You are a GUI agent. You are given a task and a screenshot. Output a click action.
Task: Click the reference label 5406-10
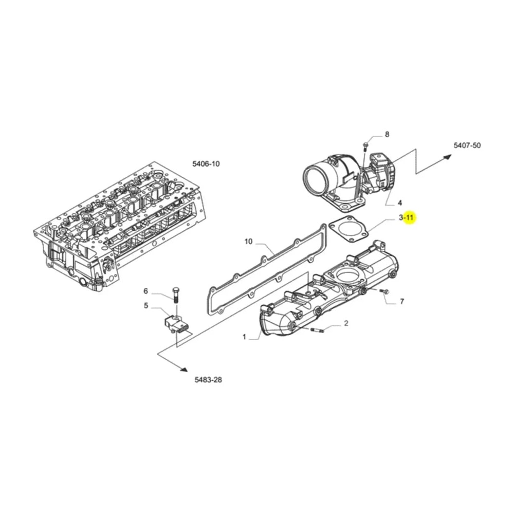tap(206, 163)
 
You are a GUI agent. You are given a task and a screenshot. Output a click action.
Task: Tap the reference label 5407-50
tap(467, 145)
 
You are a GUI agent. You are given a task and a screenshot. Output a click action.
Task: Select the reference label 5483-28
tap(208, 380)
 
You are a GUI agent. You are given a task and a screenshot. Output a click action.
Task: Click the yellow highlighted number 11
tap(410, 217)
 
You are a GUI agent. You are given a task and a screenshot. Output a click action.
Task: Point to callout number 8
tap(387, 134)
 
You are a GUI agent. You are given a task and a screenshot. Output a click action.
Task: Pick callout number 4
tap(400, 203)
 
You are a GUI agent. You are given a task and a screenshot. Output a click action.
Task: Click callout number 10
tap(248, 242)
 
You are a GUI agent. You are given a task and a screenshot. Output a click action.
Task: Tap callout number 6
tap(146, 291)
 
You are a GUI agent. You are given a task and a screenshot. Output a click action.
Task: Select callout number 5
tap(146, 306)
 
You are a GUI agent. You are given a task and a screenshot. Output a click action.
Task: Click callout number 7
tap(402, 301)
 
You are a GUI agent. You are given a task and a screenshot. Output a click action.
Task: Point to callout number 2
tap(346, 323)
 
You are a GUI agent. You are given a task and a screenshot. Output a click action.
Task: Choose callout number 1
tap(244, 337)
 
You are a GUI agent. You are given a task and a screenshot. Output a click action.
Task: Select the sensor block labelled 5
tap(176, 324)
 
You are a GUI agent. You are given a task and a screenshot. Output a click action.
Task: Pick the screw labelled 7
tap(384, 291)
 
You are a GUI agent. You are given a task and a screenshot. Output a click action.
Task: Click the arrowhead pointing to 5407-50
tap(448, 157)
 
